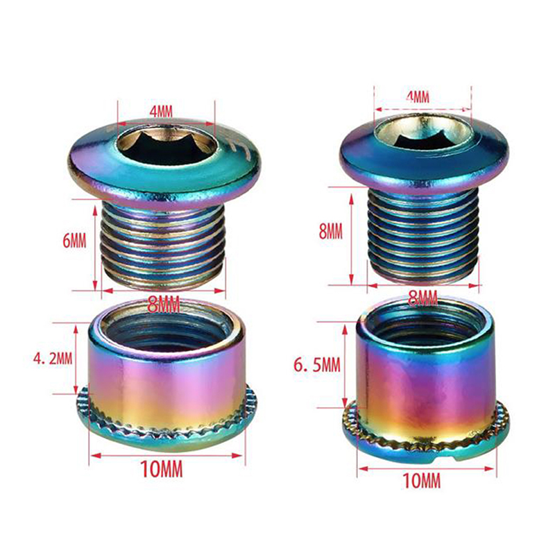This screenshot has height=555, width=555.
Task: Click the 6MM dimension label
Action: (74, 241)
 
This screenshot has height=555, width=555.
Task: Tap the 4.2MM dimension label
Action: (53, 359)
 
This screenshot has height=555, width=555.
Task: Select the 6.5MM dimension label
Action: (317, 365)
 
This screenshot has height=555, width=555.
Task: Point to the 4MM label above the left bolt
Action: (161, 112)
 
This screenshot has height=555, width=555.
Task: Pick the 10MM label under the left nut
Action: (162, 469)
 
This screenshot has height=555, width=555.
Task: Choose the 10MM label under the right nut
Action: (422, 481)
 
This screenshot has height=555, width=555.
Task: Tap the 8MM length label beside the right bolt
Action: (331, 232)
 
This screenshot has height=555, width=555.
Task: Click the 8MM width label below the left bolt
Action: (164, 305)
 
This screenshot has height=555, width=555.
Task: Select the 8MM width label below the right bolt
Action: (422, 298)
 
